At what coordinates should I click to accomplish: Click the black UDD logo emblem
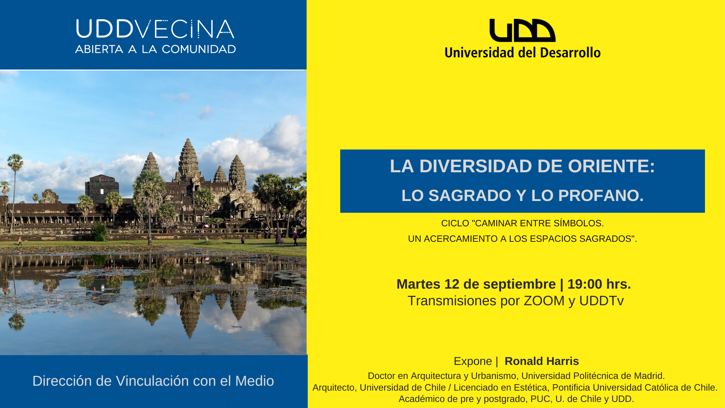pyautogui.click(x=522, y=30)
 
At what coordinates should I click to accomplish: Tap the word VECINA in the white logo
pyautogui.click(x=185, y=29)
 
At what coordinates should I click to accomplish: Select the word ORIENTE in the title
pyautogui.click(x=611, y=166)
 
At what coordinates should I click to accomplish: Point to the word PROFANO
pyautogui.click(x=601, y=196)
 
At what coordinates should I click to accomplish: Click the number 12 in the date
pyautogui.click(x=452, y=284)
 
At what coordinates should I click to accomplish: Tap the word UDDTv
pyautogui.click(x=602, y=301)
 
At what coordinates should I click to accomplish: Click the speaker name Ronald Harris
pyautogui.click(x=542, y=361)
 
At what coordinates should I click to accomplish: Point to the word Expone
pyautogui.click(x=473, y=362)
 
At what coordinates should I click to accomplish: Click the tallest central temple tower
pyautogui.click(x=188, y=159)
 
